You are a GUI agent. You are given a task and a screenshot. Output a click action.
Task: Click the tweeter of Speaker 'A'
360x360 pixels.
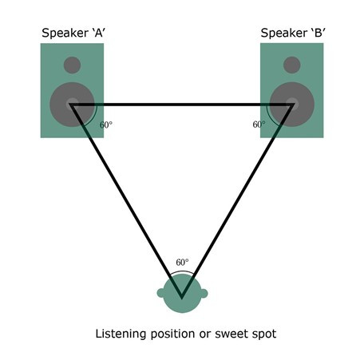[x=72, y=65]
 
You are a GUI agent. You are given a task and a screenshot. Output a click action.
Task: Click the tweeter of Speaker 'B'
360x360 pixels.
[x=292, y=65]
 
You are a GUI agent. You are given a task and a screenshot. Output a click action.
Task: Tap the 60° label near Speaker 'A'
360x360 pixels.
[x=106, y=125]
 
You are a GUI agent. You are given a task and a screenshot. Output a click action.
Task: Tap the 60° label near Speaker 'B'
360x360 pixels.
[x=259, y=125]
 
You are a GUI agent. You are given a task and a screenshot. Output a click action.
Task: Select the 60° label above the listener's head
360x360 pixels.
[x=182, y=263]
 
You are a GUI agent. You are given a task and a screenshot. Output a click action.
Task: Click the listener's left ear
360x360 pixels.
[x=160, y=293]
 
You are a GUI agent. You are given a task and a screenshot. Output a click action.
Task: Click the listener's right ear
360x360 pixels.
[x=204, y=293]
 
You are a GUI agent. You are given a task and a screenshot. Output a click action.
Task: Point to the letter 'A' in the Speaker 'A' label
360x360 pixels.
[x=97, y=33]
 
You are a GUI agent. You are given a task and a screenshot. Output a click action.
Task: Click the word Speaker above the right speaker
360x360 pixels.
[x=284, y=34]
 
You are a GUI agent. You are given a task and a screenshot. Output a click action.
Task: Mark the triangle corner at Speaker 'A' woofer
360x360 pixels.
[x=71, y=105]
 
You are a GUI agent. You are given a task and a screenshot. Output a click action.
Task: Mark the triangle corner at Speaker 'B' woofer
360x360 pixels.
[x=294, y=105]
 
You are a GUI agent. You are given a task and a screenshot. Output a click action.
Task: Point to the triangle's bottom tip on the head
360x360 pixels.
[x=182, y=298]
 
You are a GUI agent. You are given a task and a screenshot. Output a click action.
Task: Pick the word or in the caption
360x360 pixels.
[x=205, y=334]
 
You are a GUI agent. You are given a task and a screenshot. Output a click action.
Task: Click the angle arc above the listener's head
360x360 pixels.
[x=182, y=271]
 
